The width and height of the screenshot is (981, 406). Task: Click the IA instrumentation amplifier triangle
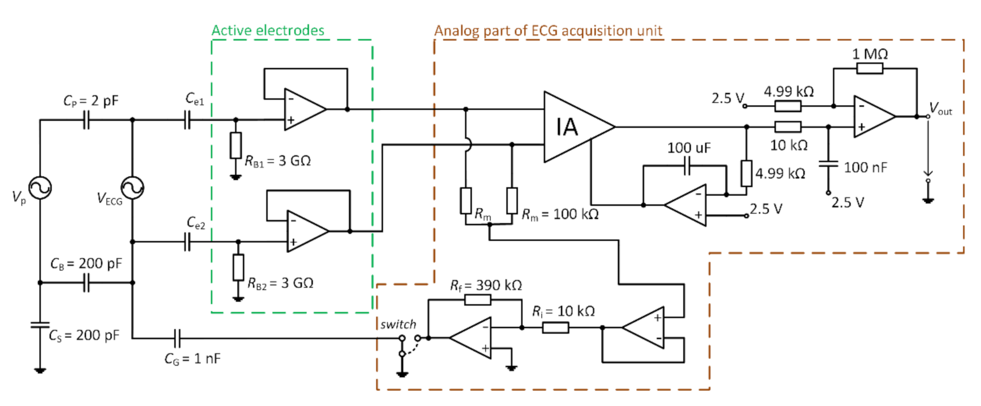coord(574,126)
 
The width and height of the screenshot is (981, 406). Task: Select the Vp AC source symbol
coord(40,188)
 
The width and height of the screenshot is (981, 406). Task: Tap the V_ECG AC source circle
coord(132,188)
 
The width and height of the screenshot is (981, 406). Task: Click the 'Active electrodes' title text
coord(268,31)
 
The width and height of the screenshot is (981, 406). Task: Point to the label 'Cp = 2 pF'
coord(91,101)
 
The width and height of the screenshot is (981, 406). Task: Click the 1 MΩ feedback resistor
coord(869,69)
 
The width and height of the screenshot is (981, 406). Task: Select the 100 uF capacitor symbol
coord(686,167)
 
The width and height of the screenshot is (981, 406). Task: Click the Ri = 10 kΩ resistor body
coord(555,328)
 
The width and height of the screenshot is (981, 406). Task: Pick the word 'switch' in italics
coord(398,325)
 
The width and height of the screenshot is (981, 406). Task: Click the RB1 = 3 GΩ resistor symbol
coord(235,146)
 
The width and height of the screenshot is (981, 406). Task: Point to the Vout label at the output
coord(941,109)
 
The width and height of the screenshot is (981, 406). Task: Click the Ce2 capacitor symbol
coord(187,242)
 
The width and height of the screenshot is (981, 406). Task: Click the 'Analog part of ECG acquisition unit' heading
coord(548,31)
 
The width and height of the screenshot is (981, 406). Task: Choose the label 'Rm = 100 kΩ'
coord(560,215)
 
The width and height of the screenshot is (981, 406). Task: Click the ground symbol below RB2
coord(238,298)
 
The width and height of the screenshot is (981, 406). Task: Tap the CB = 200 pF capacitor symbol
coord(86,282)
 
